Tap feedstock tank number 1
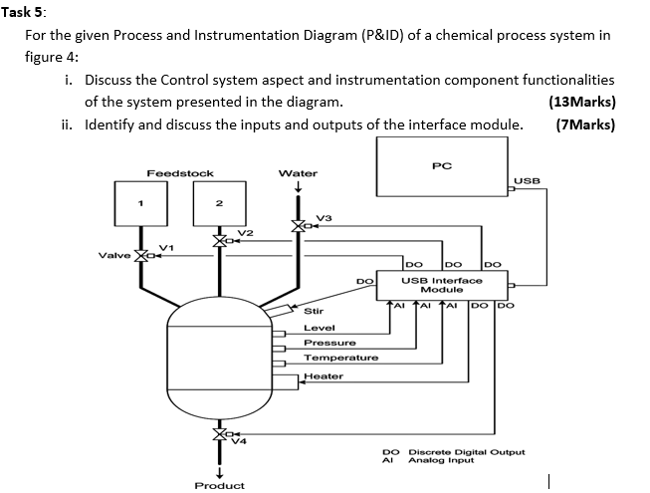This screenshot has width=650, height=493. pos(141,206)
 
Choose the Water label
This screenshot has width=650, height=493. pos(298,173)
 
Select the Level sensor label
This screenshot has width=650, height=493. pos(319,328)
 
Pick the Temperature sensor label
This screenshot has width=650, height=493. pos(340,358)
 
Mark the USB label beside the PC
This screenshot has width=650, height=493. pos(528,181)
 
